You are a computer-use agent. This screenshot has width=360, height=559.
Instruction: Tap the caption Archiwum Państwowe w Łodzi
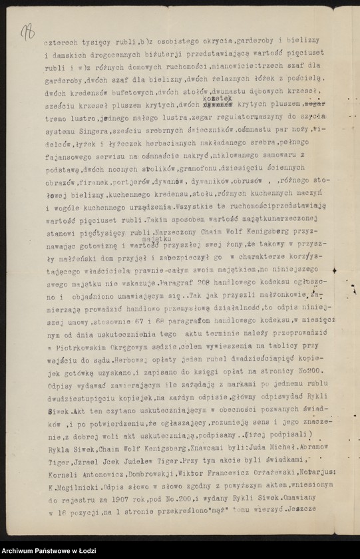coord(50,551)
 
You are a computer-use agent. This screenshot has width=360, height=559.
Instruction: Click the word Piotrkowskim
coord(79,346)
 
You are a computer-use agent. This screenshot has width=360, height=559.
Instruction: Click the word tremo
coord(57,116)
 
